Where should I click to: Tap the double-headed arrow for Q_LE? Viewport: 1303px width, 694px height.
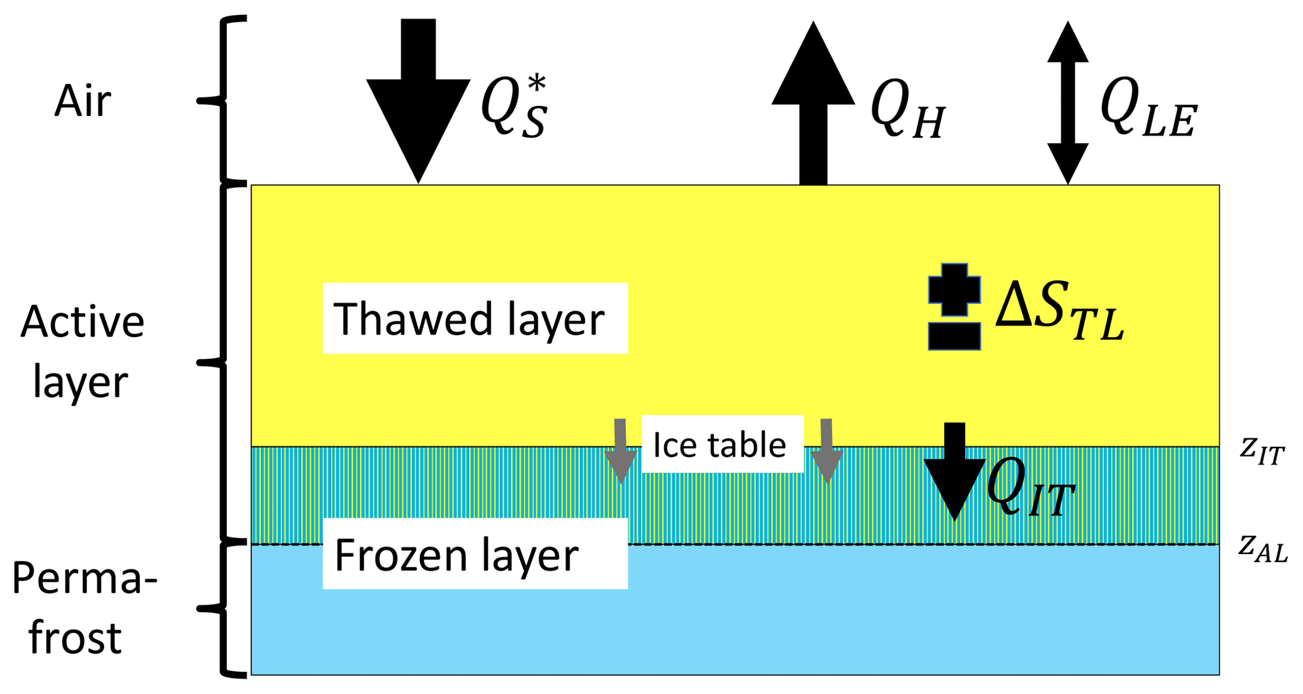click(x=1068, y=102)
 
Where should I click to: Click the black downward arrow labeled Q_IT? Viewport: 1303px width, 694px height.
click(x=954, y=473)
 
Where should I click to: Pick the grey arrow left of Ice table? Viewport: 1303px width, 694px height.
click(x=621, y=451)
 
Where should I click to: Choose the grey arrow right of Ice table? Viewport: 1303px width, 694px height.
click(x=827, y=451)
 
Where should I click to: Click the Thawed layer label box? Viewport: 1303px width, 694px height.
click(x=475, y=318)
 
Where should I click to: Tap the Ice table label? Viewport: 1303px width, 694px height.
click(x=722, y=444)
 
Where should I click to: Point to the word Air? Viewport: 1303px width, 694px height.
click(x=83, y=101)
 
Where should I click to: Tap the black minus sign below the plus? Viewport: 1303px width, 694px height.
click(x=954, y=336)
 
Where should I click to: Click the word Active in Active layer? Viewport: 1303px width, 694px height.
click(x=83, y=322)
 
